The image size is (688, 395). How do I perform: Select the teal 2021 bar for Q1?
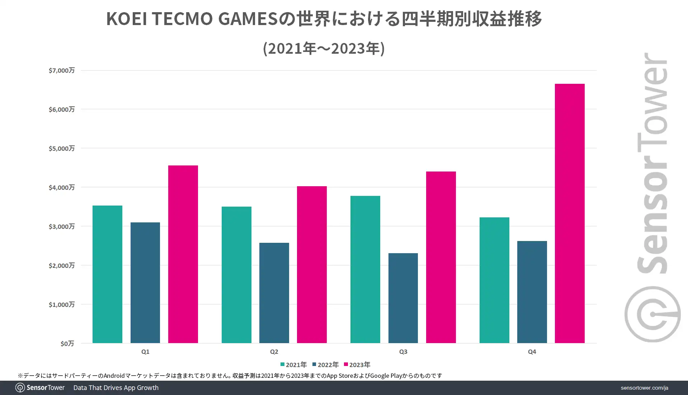(107, 274)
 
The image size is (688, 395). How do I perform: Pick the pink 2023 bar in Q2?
(312, 265)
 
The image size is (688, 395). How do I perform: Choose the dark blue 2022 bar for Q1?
(145, 283)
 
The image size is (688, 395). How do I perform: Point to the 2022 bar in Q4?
(532, 292)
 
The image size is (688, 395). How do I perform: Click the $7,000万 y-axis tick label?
(62, 70)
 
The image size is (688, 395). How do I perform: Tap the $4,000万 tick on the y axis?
(62, 187)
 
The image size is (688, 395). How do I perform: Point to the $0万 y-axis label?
(67, 343)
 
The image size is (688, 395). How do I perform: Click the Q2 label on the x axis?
(274, 352)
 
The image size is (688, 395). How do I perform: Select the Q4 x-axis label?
(532, 352)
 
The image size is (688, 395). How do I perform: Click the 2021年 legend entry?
(293, 365)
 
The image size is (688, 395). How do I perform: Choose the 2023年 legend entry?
(357, 365)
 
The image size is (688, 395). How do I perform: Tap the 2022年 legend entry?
(325, 365)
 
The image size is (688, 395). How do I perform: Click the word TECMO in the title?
(183, 19)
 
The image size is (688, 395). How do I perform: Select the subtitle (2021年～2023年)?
(324, 48)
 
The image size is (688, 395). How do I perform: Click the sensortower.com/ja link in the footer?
(644, 388)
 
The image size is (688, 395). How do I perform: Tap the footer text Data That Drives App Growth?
(116, 388)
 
